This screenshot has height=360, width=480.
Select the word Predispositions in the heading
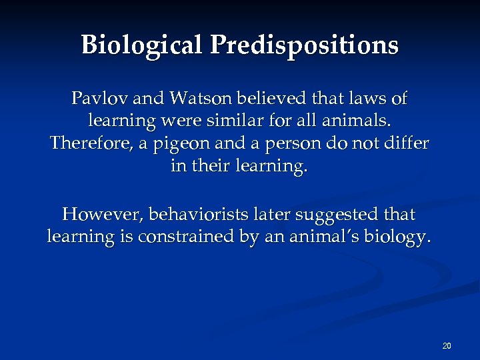tap(305, 45)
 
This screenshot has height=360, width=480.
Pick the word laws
tap(365, 99)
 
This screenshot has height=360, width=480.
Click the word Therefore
tap(91, 144)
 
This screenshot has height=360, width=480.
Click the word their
tap(211, 166)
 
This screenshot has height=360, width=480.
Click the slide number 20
tap(447, 345)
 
